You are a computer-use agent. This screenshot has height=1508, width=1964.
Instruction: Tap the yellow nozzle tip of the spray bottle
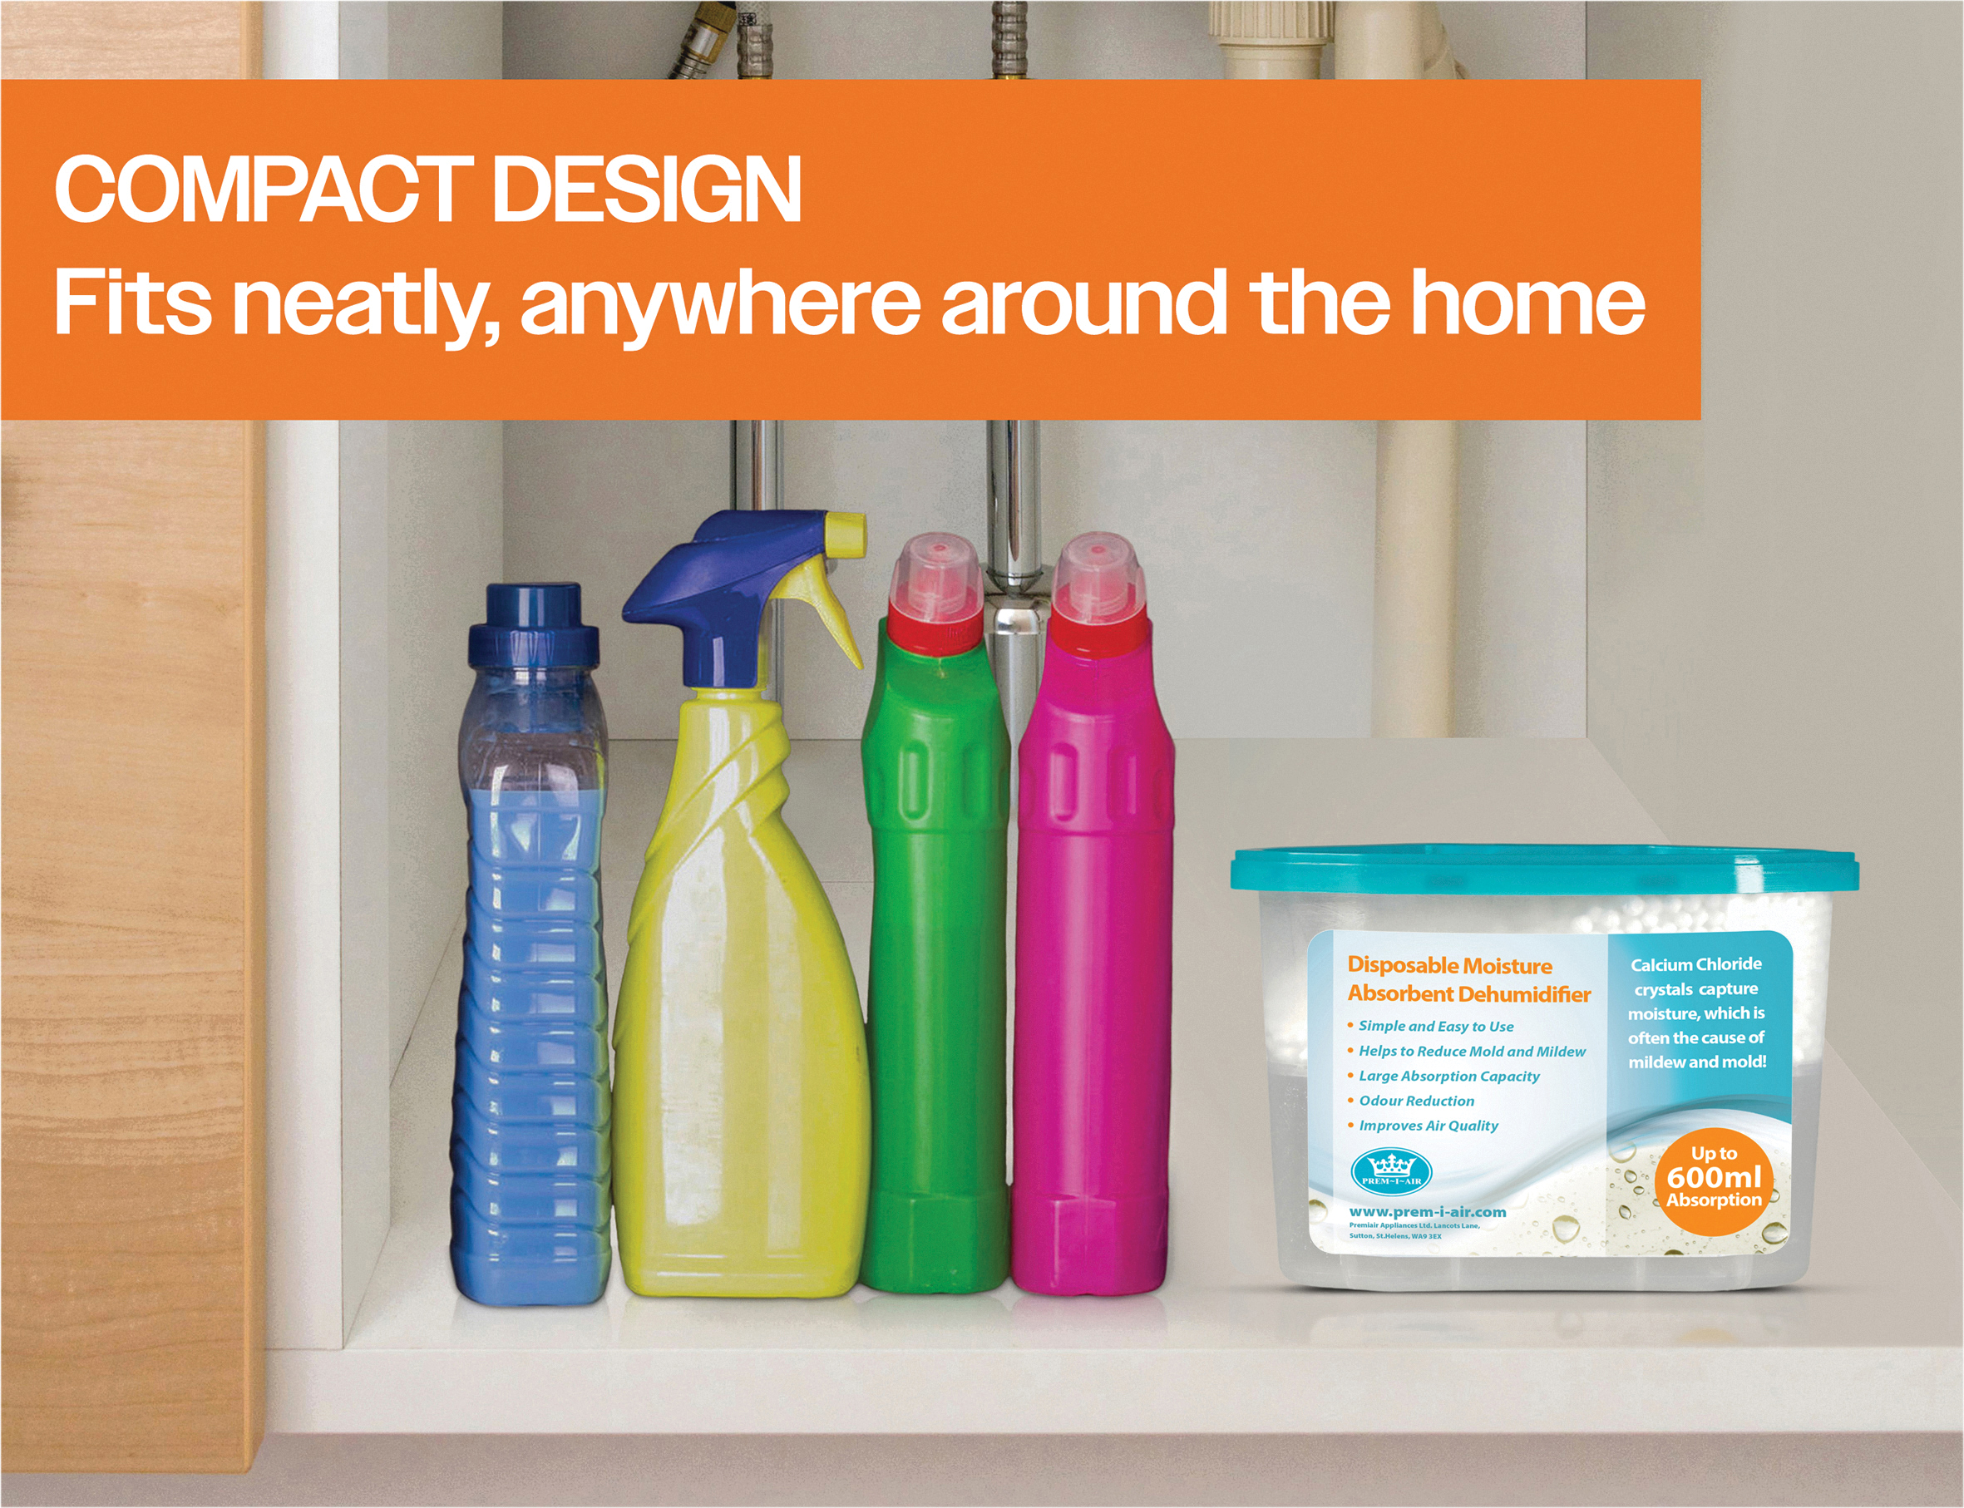pos(846,533)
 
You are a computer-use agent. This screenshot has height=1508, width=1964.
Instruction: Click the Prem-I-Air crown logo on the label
pos(1391,1170)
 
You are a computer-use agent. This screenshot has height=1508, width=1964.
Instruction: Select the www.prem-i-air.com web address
pos(1427,1212)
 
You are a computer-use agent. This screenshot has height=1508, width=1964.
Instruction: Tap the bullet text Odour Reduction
pos(1416,1101)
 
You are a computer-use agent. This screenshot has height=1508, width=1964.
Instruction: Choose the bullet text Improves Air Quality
pos(1429,1126)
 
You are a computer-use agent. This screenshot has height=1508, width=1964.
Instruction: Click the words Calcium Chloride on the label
pos(1695,964)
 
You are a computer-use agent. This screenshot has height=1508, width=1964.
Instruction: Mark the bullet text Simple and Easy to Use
pos(1435,1026)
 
